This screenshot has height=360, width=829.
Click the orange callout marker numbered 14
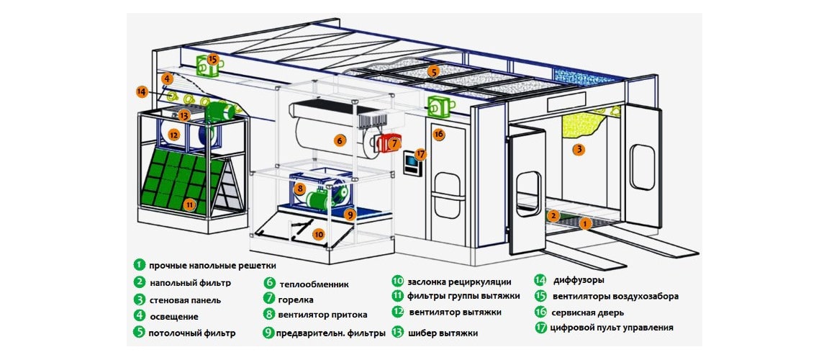point(141,91)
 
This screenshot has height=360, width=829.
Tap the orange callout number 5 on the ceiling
point(432,71)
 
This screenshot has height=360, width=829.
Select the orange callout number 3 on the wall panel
point(576,150)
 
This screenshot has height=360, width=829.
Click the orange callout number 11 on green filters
point(189,204)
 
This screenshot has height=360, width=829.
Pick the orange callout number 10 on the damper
point(318,233)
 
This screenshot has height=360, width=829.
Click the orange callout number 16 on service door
point(439,134)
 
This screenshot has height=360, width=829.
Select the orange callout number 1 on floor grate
point(585,224)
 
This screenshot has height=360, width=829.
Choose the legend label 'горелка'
point(296,299)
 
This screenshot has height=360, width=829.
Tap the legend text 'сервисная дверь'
point(589,312)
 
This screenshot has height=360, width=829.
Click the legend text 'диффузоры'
point(579,280)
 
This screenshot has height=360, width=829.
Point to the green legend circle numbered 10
point(397,281)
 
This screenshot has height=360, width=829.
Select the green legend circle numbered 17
point(541,328)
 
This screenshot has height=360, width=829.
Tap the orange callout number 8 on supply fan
point(300,188)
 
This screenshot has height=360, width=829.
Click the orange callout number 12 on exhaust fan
point(174,134)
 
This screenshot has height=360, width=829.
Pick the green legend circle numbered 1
point(139,266)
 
